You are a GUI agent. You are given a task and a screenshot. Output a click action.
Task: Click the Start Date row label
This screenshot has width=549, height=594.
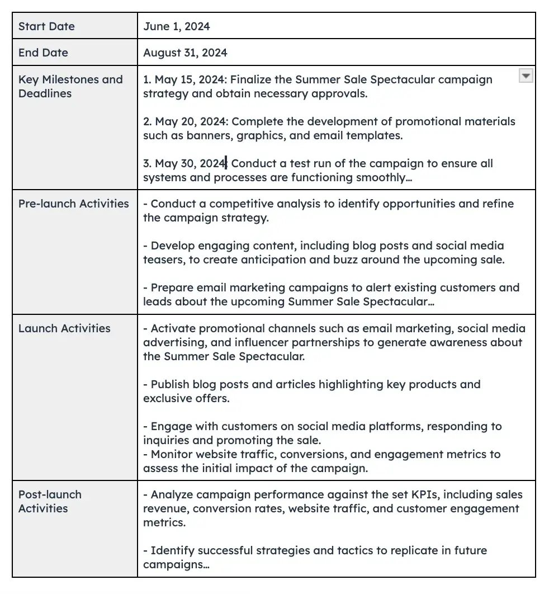[46, 26]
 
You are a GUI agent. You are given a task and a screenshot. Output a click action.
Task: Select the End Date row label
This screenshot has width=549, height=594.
[43, 53]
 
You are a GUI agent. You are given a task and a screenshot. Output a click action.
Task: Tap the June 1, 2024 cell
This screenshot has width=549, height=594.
[177, 26]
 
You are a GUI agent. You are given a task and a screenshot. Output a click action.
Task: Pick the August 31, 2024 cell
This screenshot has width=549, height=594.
[185, 53]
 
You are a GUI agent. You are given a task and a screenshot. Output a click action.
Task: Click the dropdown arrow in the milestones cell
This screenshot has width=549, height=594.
[526, 76]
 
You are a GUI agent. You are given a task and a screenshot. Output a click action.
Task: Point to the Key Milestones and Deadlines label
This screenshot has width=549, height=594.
[70, 86]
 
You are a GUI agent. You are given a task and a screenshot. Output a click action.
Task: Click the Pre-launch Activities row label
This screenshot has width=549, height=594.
[73, 204]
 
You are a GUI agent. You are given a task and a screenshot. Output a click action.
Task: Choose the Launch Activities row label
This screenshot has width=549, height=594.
[64, 328]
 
